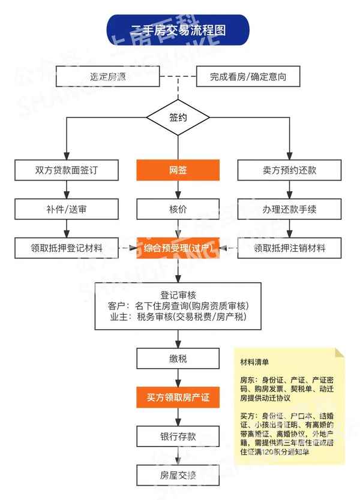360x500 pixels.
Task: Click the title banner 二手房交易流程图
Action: [178, 30]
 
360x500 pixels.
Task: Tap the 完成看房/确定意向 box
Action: [247, 77]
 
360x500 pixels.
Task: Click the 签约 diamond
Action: [178, 118]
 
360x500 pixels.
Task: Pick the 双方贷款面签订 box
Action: [66, 170]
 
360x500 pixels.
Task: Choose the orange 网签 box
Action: [178, 170]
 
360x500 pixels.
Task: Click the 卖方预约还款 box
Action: [289, 170]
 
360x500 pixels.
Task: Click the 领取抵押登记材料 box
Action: [66, 248]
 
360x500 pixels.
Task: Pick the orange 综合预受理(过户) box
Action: [178, 248]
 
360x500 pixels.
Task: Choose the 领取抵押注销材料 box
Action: [289, 248]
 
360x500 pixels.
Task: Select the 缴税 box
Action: [178, 359]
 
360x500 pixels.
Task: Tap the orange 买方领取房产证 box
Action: [178, 397]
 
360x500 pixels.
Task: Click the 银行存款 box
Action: [178, 436]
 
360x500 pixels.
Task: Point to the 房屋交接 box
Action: [178, 475]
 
